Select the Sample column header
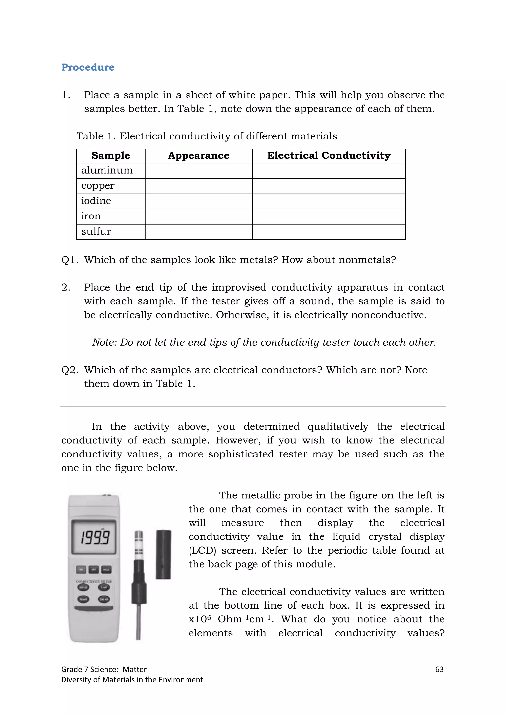(111, 155)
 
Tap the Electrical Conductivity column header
(329, 155)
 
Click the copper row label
(98, 186)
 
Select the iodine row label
(96, 201)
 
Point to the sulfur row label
(96, 231)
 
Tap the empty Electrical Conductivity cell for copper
(329, 186)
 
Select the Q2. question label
(69, 370)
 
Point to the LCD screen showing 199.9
(94, 537)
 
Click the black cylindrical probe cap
(164, 555)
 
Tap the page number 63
(439, 670)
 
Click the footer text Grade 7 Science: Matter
(104, 670)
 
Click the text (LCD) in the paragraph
(202, 551)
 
